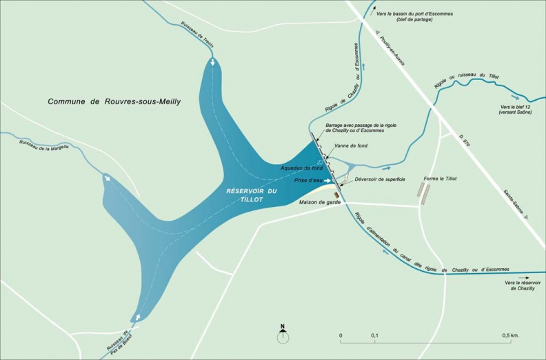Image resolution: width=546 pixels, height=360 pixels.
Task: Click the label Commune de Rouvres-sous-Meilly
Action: coord(114,101)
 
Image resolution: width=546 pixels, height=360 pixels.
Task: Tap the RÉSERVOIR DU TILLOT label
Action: coord(252,194)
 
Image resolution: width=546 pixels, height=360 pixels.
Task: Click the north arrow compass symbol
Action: coord(282,335)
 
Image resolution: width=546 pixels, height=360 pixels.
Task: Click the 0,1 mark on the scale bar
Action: coord(374,336)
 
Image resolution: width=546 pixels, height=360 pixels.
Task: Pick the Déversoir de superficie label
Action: coord(380,179)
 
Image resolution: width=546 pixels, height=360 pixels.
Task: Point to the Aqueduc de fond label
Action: coord(301,168)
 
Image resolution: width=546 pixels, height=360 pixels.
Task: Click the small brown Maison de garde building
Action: coord(336,195)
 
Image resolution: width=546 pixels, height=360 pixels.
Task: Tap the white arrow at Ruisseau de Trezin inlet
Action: coord(212,63)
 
